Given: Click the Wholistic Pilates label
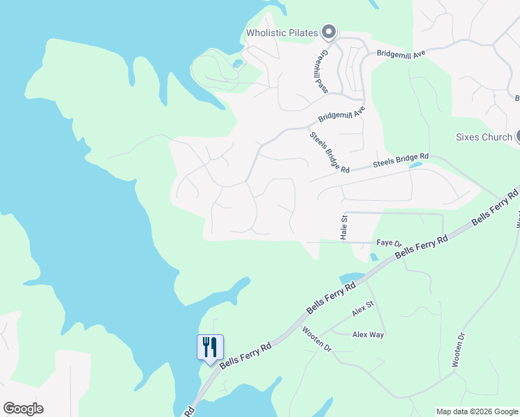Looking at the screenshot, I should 282,33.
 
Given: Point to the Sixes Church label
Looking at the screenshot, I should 483,137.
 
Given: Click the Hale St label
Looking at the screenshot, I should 344,227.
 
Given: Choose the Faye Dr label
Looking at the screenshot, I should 389,243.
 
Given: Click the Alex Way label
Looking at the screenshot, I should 368,334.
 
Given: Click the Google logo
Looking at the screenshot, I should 23,409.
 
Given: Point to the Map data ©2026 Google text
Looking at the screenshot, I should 477,411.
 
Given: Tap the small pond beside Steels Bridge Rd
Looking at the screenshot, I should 416,165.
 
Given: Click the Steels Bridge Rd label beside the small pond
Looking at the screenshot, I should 400,161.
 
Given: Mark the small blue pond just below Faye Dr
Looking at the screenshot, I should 374,256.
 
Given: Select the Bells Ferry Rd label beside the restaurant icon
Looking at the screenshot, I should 246,354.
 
